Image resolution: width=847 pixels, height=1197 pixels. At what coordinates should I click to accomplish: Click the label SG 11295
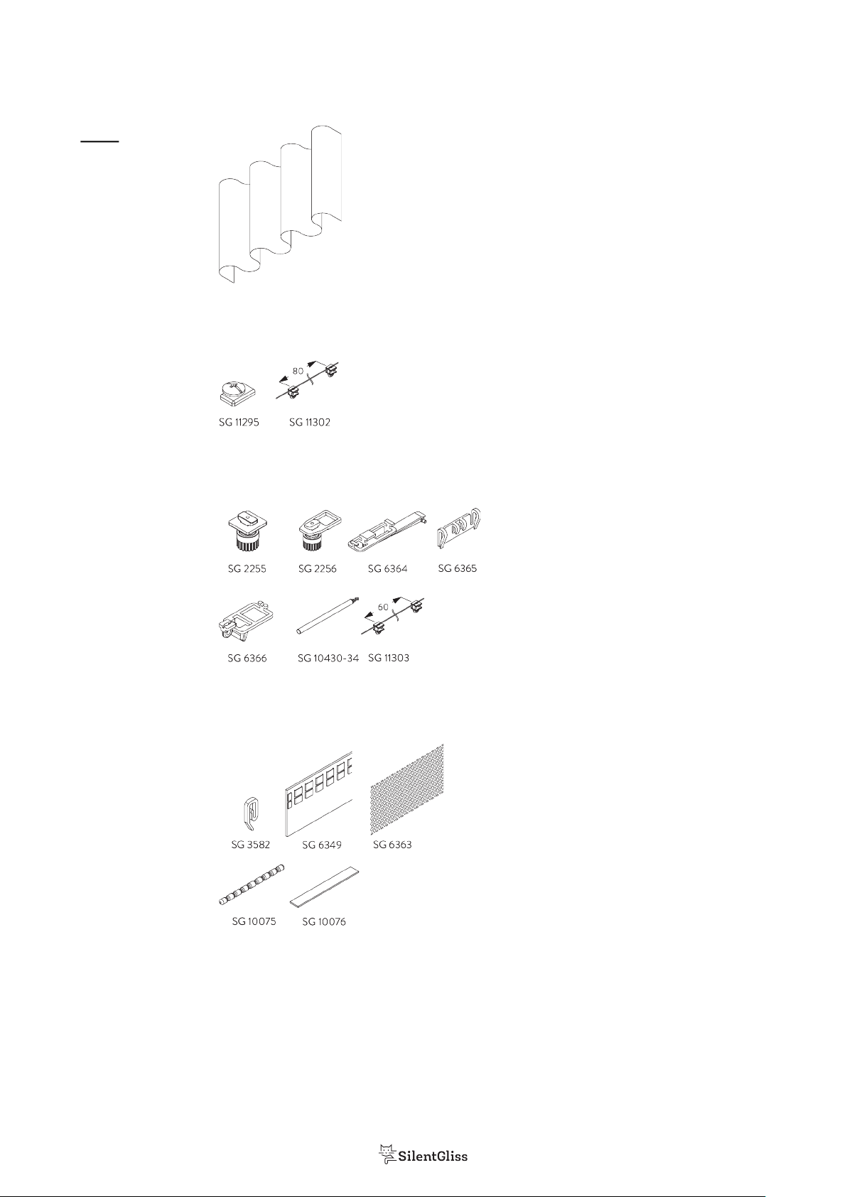pyautogui.click(x=239, y=422)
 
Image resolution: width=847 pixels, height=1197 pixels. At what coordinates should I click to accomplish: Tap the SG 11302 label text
pyautogui.click(x=310, y=422)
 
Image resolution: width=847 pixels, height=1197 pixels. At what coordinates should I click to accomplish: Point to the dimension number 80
pyautogui.click(x=298, y=371)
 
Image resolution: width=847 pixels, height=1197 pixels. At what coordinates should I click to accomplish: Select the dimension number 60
pyautogui.click(x=383, y=607)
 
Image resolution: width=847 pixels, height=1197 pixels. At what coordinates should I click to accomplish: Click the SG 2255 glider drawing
pyautogui.click(x=247, y=531)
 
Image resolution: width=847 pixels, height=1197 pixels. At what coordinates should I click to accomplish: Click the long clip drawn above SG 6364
pyautogui.click(x=388, y=530)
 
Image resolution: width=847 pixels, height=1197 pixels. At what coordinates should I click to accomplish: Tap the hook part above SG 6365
pyautogui.click(x=458, y=528)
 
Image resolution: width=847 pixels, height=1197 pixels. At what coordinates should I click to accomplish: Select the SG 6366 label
pyautogui.click(x=247, y=658)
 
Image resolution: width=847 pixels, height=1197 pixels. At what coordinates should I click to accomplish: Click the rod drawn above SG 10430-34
pyautogui.click(x=328, y=616)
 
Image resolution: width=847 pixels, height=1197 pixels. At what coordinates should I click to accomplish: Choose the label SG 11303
pyautogui.click(x=389, y=658)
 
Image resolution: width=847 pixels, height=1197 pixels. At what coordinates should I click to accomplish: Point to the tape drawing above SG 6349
pyautogui.click(x=318, y=794)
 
